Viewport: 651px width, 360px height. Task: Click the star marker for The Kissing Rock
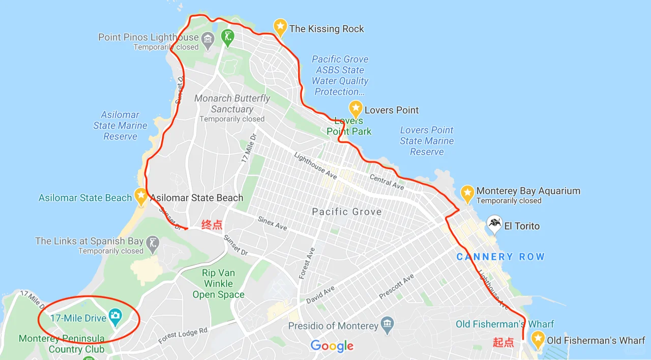click(x=280, y=27)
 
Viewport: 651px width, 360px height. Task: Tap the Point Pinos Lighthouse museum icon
click(x=207, y=39)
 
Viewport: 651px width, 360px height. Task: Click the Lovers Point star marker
click(x=356, y=109)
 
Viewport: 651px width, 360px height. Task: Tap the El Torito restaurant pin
click(x=494, y=223)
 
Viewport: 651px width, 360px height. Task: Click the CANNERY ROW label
click(x=500, y=257)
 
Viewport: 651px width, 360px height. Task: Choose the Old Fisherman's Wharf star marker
click(x=538, y=339)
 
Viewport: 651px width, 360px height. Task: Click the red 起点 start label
click(x=503, y=342)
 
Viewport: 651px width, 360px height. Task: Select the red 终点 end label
click(x=212, y=225)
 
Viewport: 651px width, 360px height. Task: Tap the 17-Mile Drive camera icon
click(x=115, y=316)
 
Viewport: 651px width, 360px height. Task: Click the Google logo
click(x=332, y=346)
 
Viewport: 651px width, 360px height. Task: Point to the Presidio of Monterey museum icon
click(x=388, y=324)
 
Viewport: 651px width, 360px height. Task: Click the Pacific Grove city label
click(x=346, y=212)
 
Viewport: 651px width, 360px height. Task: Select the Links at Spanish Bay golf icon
click(x=152, y=243)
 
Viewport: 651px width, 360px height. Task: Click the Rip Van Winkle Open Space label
click(x=218, y=284)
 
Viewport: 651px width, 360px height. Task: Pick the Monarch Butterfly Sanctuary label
click(x=232, y=104)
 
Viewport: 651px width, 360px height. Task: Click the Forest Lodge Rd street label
click(x=183, y=336)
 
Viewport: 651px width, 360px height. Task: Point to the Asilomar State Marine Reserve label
click(x=121, y=126)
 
